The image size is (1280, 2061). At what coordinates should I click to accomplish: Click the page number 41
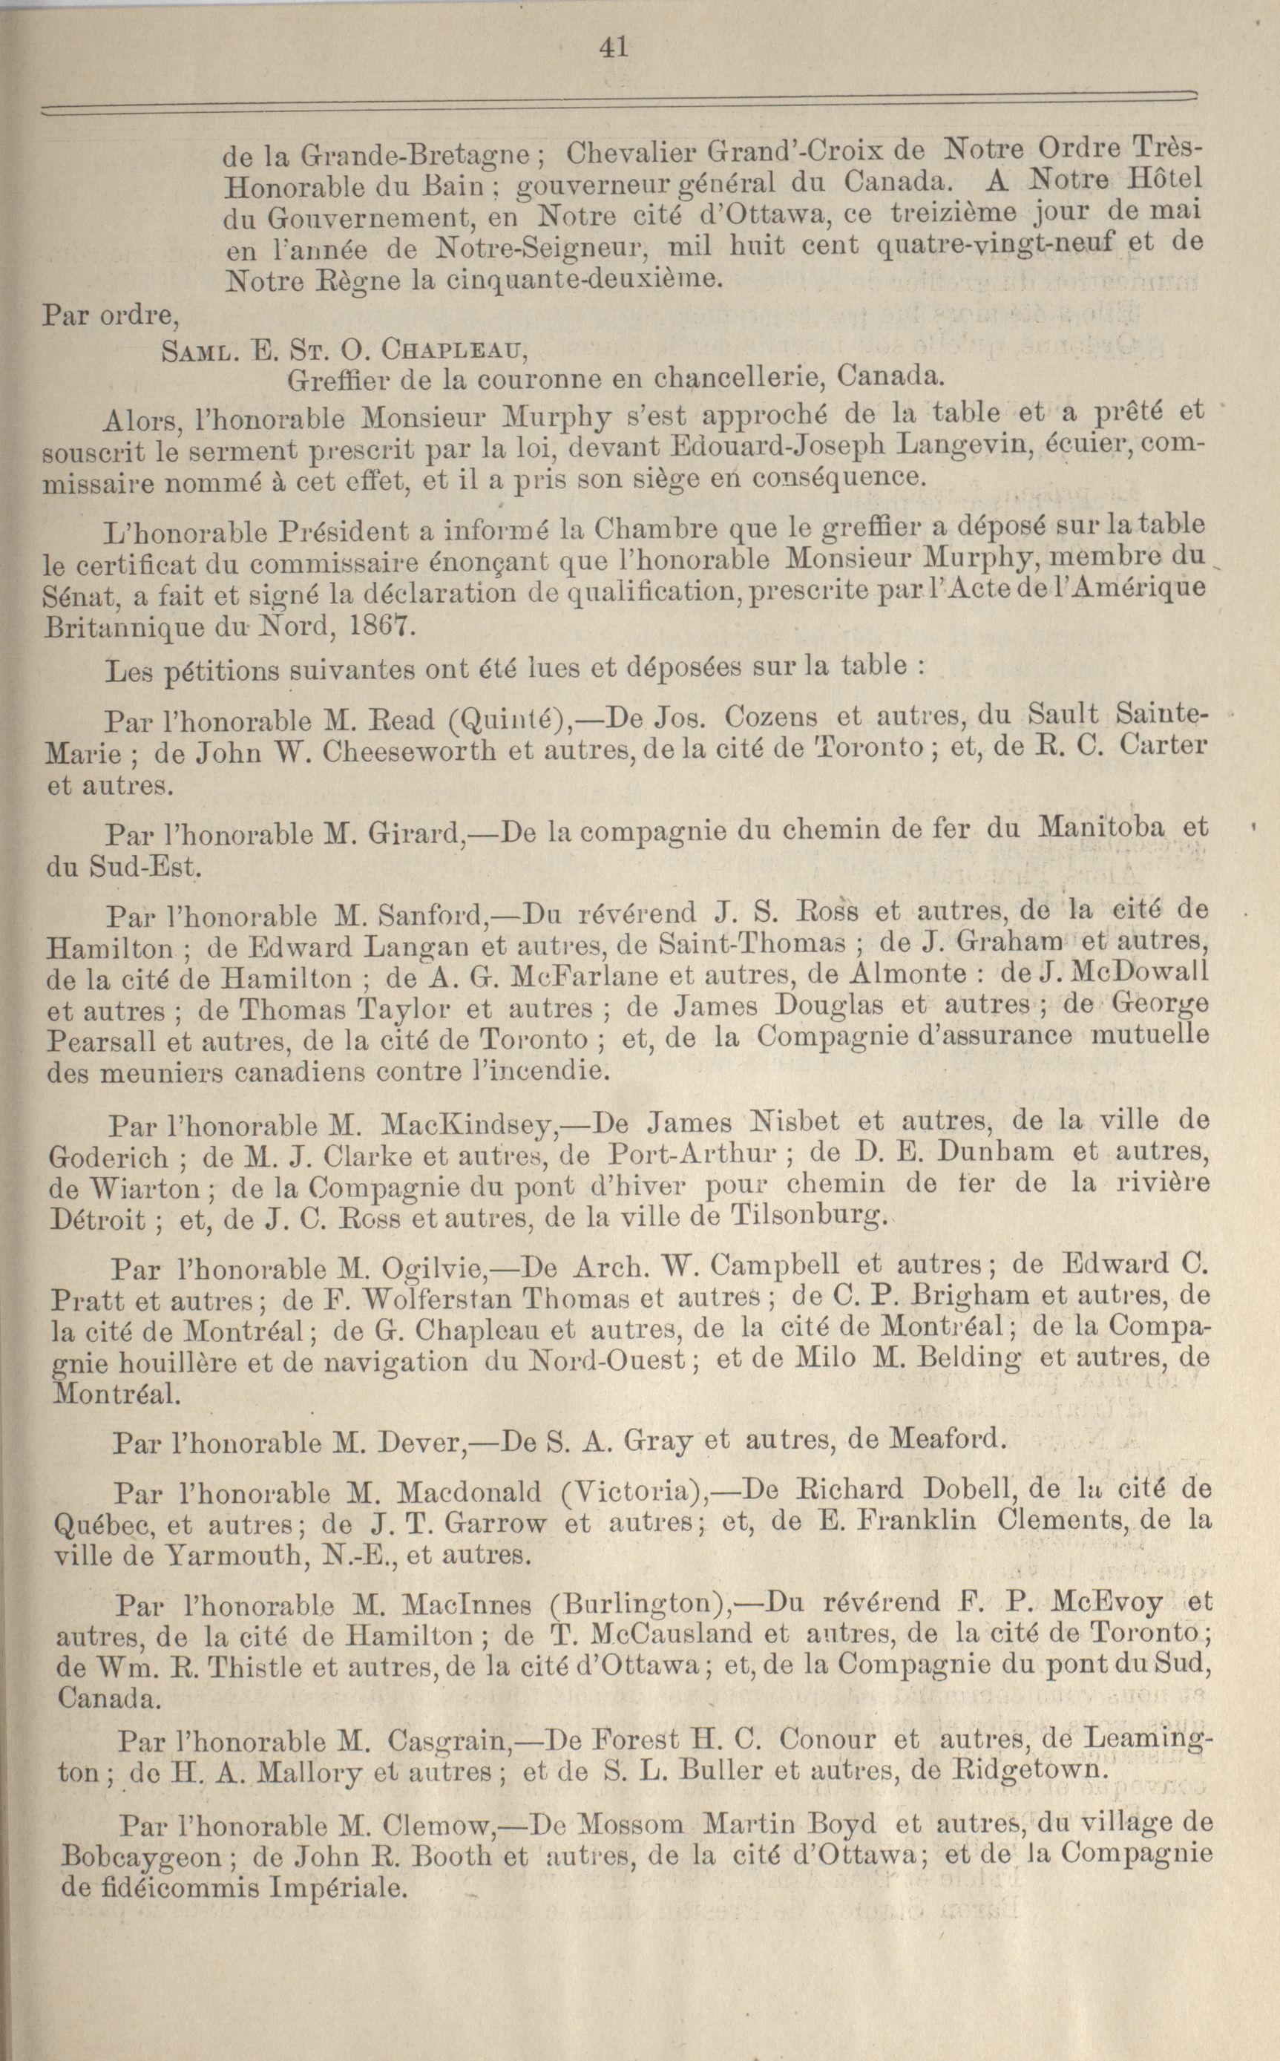pyautogui.click(x=612, y=47)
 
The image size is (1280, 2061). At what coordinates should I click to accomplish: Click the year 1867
pyautogui.click(x=379, y=627)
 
